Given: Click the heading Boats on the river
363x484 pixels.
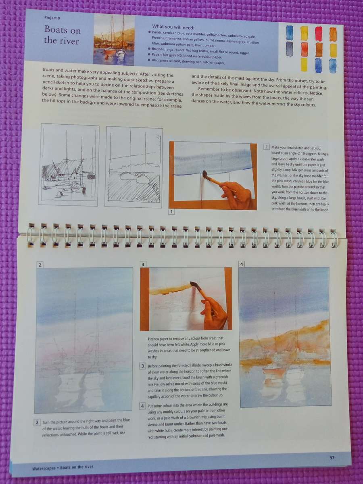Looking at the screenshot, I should coord(63,35).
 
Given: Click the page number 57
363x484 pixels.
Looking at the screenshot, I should coord(332,457).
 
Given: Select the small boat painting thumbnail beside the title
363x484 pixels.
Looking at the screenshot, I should coord(114,40).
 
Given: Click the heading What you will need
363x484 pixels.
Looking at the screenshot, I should coord(173,27).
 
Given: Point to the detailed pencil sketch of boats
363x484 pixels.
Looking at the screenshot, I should coord(69,165).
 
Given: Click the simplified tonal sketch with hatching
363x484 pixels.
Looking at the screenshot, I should coord(134,167).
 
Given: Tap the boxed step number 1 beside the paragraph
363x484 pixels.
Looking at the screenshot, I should coord(267,147).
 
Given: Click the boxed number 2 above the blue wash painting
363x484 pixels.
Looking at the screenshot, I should coord(40,265).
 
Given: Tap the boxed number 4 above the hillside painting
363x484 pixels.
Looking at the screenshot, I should coord(242,265).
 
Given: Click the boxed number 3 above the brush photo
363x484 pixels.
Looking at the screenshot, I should coord(143,265).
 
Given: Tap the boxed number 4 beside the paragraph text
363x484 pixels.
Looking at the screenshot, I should coord(142,406).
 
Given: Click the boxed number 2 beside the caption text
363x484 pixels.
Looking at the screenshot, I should coord(37,423).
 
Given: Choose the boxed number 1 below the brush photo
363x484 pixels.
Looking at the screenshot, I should coord(171,211).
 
